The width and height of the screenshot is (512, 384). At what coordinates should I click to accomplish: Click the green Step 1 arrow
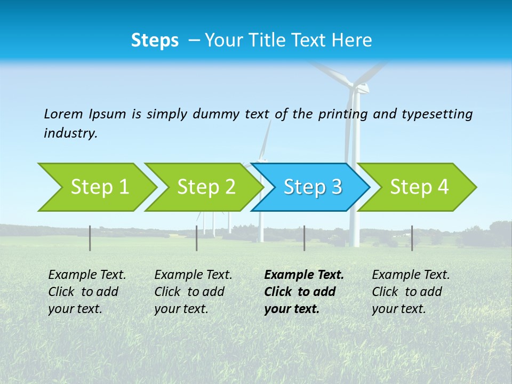pyautogui.click(x=99, y=187)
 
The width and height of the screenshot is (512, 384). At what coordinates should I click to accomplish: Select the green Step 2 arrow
pyautogui.click(x=205, y=187)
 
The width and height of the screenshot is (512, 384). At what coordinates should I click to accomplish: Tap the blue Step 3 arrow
pyautogui.click(x=312, y=187)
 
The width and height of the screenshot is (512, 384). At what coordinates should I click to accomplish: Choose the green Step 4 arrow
pyautogui.click(x=419, y=187)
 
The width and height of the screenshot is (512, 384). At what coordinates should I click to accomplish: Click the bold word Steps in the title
pyautogui.click(x=155, y=41)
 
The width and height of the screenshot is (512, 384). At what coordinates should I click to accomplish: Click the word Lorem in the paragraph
pyautogui.click(x=63, y=114)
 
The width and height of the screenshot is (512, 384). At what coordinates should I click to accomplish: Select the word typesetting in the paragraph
pyautogui.click(x=437, y=114)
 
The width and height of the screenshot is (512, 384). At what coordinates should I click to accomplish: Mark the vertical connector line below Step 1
pyautogui.click(x=90, y=238)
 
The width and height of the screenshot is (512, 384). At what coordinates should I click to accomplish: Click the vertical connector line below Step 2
pyautogui.click(x=197, y=238)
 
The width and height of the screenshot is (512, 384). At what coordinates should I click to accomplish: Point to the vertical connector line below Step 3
pyautogui.click(x=304, y=238)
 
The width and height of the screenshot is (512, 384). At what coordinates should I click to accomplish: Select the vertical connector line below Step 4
pyautogui.click(x=412, y=238)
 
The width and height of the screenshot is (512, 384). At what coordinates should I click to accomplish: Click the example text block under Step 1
pyautogui.click(x=87, y=292)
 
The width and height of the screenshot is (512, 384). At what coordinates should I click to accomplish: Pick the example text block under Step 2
pyautogui.click(x=193, y=292)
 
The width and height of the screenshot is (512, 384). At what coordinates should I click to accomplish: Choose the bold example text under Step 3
pyautogui.click(x=304, y=292)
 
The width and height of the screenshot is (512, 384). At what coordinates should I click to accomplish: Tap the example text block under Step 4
pyautogui.click(x=411, y=292)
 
